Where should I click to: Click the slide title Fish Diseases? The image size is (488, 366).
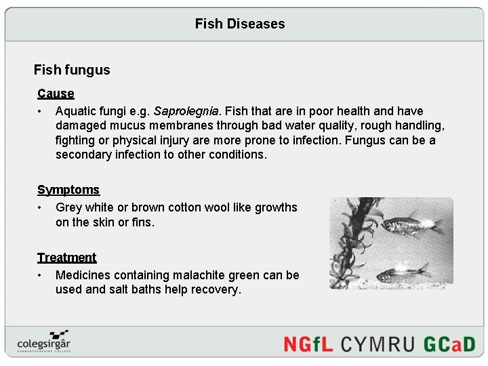click(240, 24)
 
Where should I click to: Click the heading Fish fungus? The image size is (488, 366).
click(72, 70)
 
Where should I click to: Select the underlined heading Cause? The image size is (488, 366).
click(56, 94)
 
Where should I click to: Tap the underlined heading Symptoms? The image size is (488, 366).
click(68, 190)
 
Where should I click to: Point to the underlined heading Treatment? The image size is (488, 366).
click(66, 258)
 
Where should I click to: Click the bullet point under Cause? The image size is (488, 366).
click(41, 111)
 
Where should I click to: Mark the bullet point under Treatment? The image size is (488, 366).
click(41, 275)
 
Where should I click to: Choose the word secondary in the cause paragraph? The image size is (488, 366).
click(85, 155)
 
